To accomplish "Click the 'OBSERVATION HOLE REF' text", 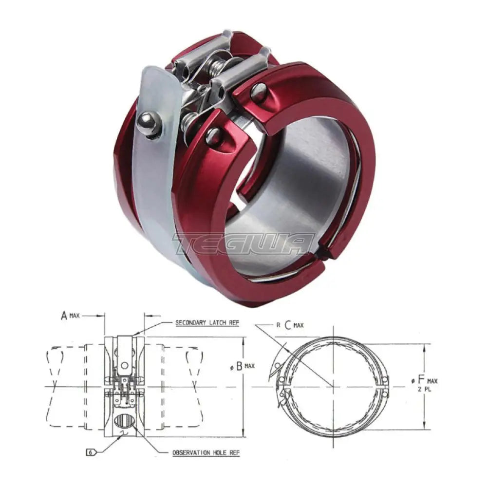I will pos(206,453).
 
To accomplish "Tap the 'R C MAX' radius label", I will pos(290,325).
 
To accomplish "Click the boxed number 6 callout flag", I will pos(91,452).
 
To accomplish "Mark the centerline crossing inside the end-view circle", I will pos(333,387).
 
